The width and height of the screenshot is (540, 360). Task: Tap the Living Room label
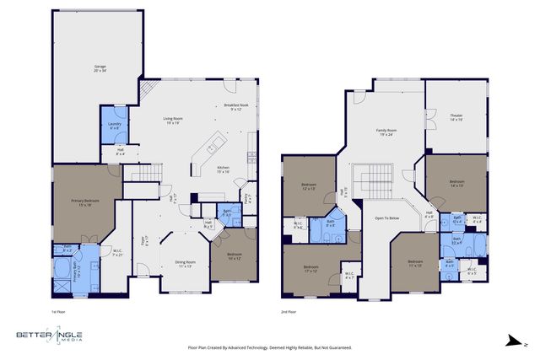pyautogui.click(x=174, y=121)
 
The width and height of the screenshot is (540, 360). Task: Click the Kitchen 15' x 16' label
pyautogui.click(x=223, y=169)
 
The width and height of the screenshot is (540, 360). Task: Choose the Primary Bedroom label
pyautogui.click(x=84, y=202)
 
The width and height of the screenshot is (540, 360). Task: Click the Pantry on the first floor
pyautogui.click(x=247, y=199)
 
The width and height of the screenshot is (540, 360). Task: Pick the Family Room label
pyautogui.click(x=386, y=132)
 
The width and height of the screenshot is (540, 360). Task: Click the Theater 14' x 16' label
pyautogui.click(x=456, y=120)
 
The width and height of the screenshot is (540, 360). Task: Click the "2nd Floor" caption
pyautogui.click(x=289, y=311)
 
